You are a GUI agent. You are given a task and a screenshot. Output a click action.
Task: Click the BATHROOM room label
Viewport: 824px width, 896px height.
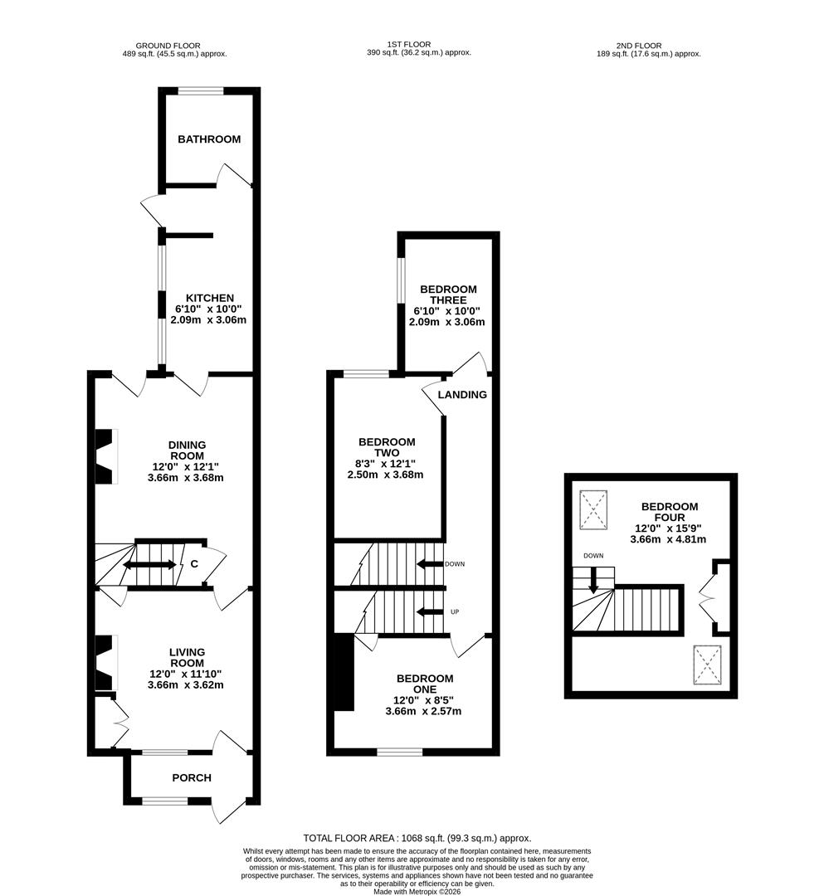209,139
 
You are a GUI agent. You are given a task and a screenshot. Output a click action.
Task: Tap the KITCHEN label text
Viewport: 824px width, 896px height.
209,298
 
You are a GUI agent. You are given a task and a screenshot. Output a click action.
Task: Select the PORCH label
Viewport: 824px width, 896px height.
192,778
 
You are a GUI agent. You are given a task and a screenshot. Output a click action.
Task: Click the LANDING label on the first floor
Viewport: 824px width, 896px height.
462,395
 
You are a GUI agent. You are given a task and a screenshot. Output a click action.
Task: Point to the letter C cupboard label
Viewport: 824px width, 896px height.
194,565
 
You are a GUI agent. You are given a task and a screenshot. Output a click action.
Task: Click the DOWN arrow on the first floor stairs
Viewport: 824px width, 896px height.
430,564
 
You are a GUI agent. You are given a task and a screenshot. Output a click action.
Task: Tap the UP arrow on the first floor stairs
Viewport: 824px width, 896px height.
430,612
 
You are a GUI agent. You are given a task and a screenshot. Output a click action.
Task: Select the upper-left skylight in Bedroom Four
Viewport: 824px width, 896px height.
593,509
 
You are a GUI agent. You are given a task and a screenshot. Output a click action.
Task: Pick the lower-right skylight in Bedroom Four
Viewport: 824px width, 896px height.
707,664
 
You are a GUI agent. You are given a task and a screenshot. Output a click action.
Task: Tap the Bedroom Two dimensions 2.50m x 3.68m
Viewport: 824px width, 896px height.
387,475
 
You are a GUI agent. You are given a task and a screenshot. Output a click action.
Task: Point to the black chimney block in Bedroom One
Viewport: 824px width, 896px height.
341,672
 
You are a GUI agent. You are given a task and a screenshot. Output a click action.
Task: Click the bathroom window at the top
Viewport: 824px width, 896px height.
201,91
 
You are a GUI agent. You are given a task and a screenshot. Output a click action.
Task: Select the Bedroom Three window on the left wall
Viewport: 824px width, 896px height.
401,280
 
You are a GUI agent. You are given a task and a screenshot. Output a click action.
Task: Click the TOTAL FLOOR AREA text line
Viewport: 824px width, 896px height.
417,839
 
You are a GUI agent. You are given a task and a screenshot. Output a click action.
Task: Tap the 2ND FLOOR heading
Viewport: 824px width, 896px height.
638,46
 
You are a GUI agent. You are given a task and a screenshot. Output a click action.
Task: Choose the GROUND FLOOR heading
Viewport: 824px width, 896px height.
168,46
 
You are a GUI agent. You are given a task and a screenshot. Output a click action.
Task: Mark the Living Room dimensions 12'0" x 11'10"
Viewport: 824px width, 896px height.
186,674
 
